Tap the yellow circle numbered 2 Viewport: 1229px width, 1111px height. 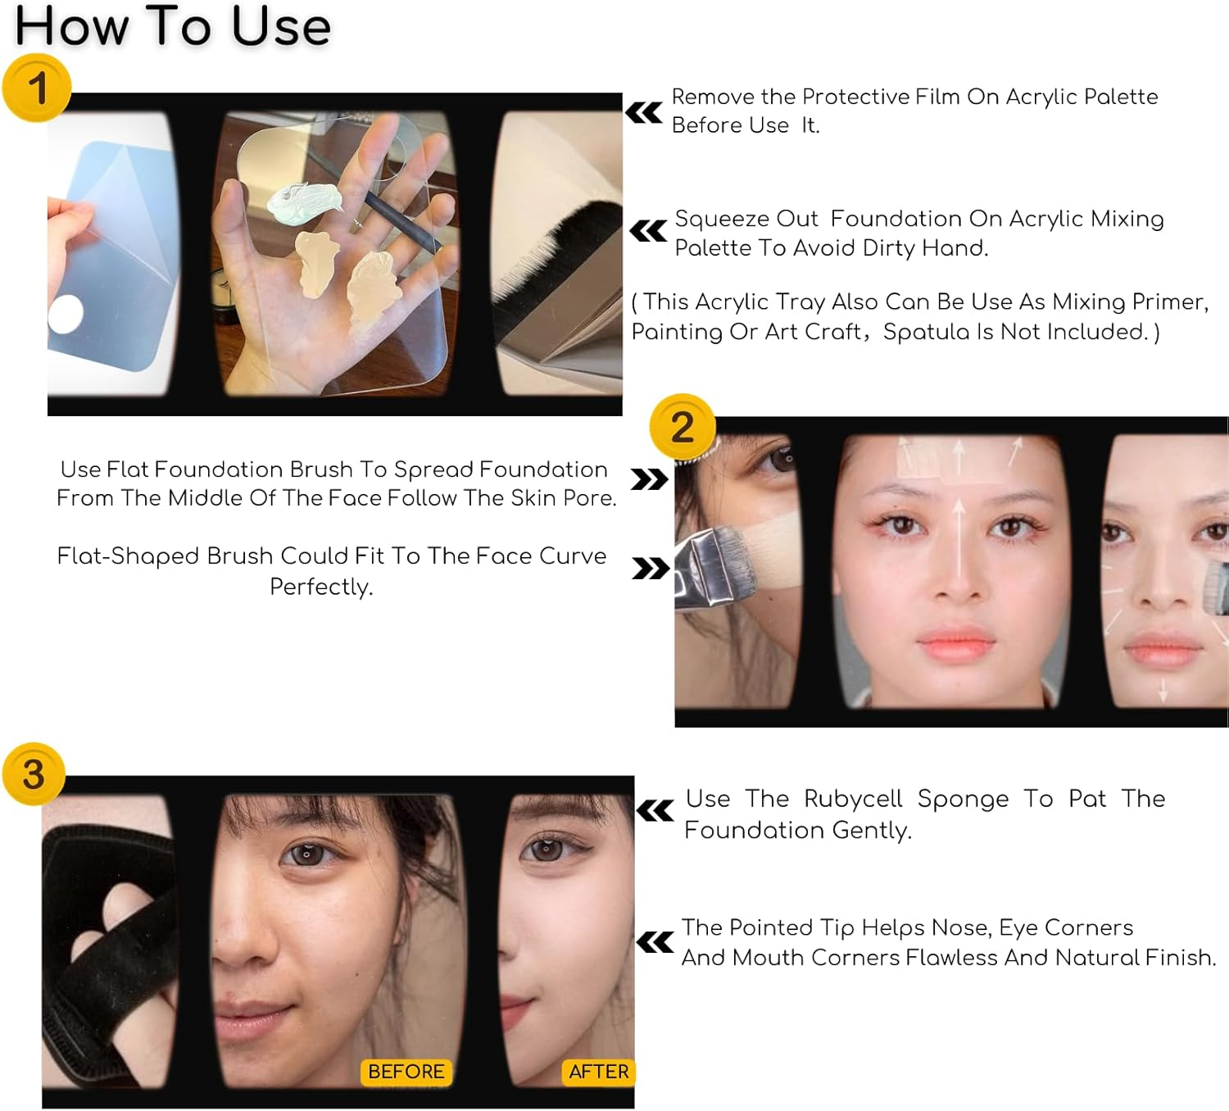point(683,427)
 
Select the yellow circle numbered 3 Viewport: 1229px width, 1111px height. point(33,774)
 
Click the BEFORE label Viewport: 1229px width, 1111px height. point(406,1072)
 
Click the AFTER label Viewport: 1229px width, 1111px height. point(599,1072)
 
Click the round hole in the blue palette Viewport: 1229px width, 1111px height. point(66,315)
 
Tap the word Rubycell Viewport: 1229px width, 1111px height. point(852,799)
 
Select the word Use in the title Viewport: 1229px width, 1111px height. point(280,26)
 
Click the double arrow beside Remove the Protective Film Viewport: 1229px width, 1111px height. point(644,112)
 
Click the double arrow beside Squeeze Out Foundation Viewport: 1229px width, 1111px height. point(648,232)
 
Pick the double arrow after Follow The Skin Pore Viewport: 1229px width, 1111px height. point(649,479)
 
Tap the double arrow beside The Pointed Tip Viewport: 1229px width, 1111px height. point(655,943)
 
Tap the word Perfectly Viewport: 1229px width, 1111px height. point(321,587)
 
